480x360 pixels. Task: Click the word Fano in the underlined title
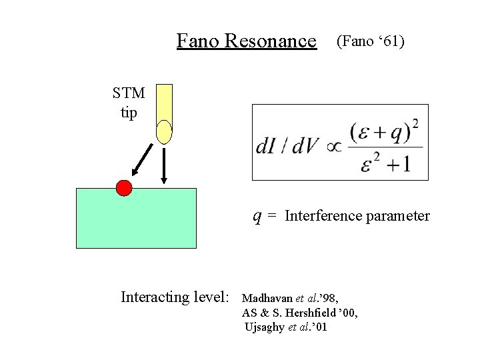coord(198,41)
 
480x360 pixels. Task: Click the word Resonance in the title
coord(271,41)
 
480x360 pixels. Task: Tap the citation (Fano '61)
coord(371,41)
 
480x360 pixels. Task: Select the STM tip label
coord(129,103)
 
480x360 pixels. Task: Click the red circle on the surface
coord(124,188)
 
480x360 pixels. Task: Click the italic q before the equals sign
coord(257,216)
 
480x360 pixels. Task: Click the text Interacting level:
coord(175,297)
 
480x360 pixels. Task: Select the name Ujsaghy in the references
coord(265,327)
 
